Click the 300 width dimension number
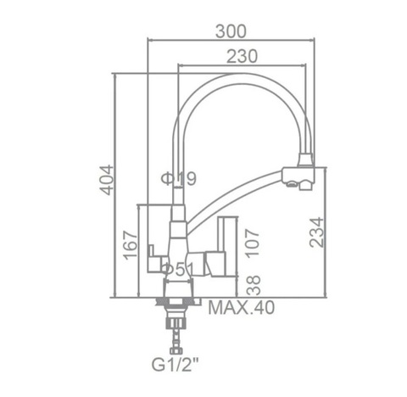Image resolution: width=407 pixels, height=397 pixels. pos(231,31)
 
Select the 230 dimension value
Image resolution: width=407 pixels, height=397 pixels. pos(242,56)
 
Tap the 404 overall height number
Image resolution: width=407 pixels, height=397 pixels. pos(107,180)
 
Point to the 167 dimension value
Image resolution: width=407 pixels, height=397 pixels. pos(131,245)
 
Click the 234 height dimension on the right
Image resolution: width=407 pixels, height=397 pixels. pos(316,232)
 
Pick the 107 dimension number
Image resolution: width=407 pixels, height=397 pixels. pos(252,243)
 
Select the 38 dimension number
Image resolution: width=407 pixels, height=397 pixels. pos(253,285)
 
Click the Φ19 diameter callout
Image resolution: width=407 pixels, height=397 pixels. pos(179,179)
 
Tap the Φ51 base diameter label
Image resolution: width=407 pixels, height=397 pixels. pos(179,270)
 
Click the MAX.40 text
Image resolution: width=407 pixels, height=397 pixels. pos(241,308)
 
